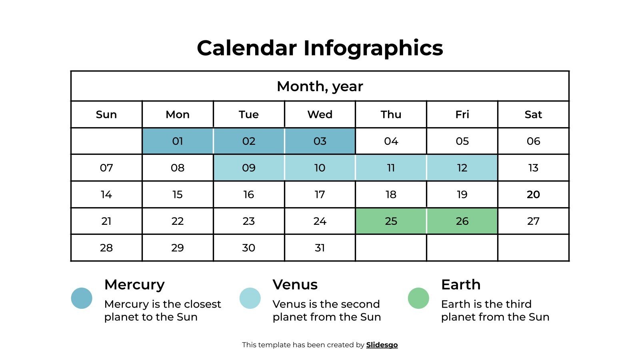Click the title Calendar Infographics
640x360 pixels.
320,48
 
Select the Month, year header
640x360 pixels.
320,86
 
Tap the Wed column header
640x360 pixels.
320,114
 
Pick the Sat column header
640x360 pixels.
533,114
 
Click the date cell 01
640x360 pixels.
178,141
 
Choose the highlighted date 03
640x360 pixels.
320,141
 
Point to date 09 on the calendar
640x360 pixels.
249,168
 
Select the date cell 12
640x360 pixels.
462,168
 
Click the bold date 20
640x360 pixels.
533,194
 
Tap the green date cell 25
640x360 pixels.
391,221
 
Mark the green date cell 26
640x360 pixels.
462,221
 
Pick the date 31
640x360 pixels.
320,248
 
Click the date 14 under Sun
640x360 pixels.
106,194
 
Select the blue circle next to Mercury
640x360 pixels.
82,298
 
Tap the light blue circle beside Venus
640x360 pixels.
250,298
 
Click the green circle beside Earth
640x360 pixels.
418,298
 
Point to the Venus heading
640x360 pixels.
295,285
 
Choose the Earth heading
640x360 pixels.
461,285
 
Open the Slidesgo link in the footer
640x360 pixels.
382,345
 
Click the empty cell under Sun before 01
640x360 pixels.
106,141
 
